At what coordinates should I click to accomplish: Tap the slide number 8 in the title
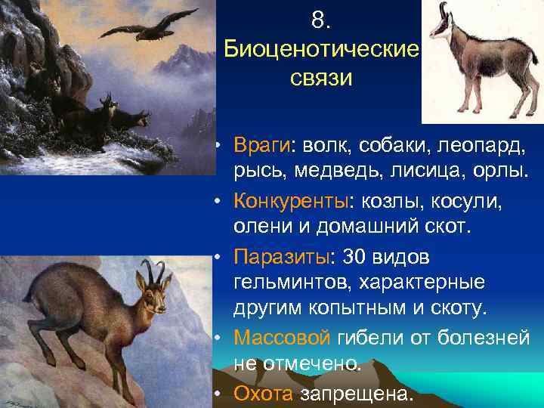(320, 22)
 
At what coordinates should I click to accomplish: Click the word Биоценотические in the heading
(322, 51)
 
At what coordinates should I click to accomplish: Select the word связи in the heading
(321, 79)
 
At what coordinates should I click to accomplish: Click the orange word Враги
(261, 144)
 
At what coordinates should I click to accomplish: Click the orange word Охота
(264, 394)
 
